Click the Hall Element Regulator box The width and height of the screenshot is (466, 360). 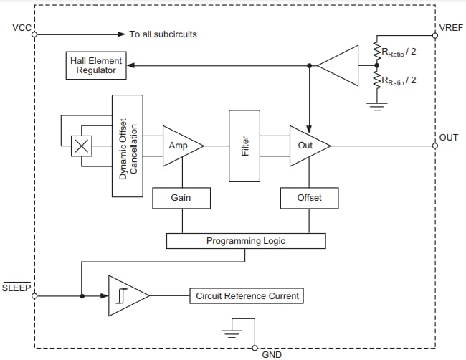pyautogui.click(x=96, y=66)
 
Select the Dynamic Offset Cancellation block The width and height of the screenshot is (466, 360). pyautogui.click(x=128, y=146)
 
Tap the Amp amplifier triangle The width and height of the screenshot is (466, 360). pyautogui.click(x=179, y=146)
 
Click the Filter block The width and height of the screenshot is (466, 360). pyautogui.click(x=244, y=146)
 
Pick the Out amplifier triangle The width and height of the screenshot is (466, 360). pyautogui.click(x=307, y=146)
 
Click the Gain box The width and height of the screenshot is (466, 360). pyautogui.click(x=181, y=198)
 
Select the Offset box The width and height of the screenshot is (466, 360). pyautogui.click(x=309, y=198)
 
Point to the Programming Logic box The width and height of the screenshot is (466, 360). pyautogui.click(x=245, y=241)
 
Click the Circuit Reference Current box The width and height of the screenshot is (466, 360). pyautogui.click(x=245, y=295)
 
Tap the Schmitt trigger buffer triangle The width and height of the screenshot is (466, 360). pyautogui.click(x=125, y=295)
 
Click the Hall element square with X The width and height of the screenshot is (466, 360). pyautogui.click(x=82, y=146)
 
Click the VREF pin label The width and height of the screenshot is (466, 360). pyautogui.click(x=450, y=29)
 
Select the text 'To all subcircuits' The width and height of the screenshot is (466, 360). pyautogui.click(x=163, y=34)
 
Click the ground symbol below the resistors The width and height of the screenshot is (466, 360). pyautogui.click(x=374, y=105)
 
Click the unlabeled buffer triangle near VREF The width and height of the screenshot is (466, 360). pyautogui.click(x=341, y=66)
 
